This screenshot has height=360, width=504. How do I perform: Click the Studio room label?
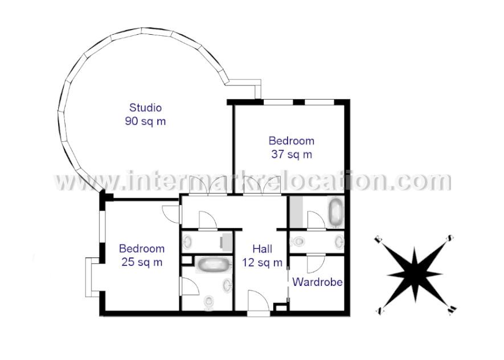[x=145, y=107]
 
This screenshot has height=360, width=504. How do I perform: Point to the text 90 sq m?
[x=145, y=121]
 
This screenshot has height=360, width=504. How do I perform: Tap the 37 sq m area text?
[x=291, y=154]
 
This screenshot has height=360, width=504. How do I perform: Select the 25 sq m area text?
[x=142, y=262]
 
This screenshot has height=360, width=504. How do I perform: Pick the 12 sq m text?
[x=262, y=263]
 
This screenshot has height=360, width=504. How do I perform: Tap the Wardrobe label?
[x=317, y=282]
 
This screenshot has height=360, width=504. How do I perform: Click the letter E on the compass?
[x=378, y=240]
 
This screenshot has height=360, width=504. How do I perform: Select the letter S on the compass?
[x=449, y=238]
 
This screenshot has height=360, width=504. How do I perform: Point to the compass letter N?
[x=378, y=311]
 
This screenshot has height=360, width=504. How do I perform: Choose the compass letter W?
[x=452, y=310]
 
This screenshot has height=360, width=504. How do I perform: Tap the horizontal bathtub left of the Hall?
[x=213, y=265]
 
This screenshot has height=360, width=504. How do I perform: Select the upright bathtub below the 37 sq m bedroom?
[x=336, y=212]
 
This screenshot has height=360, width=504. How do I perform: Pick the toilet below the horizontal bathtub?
[x=208, y=301]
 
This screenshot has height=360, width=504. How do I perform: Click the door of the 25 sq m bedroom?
[x=171, y=212]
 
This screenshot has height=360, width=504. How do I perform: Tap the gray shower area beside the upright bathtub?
[x=296, y=212]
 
